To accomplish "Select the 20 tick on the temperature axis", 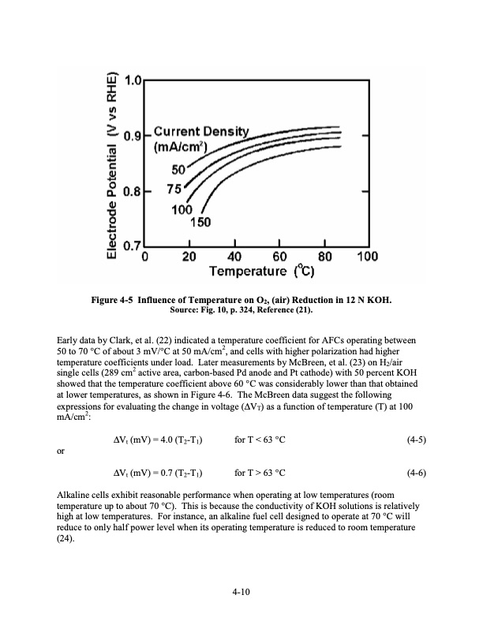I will pos(189,257).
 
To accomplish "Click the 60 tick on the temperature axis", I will pos(279,257).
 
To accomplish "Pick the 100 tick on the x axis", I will pos(367,257).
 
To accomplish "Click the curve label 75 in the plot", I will pos(175,189).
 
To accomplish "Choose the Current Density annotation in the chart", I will pos(200,131).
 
